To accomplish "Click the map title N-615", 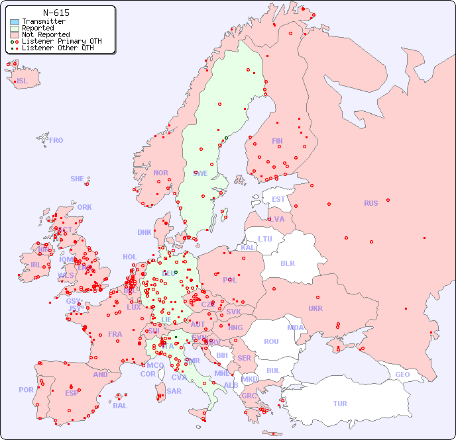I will tap(56, 13).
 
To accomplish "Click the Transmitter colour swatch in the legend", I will tap(15, 22).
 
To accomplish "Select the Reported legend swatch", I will tap(15, 28).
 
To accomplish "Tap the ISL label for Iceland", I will tap(22, 81).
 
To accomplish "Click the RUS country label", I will tap(370, 203).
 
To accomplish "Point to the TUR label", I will tap(340, 404).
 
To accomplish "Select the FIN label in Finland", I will tap(277, 141).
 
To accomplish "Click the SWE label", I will tap(200, 173).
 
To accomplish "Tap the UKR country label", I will tap(315, 308).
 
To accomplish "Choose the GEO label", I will tap(402, 374).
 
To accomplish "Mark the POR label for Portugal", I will tap(26, 390).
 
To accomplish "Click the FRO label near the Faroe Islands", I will tap(56, 140).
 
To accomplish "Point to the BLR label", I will tap(288, 263).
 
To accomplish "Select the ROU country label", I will tap(271, 341).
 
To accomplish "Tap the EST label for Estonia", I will tap(278, 199).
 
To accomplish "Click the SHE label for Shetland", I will tap(78, 179).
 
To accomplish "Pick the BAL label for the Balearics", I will tap(120, 406).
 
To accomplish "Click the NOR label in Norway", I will tap(160, 173).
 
